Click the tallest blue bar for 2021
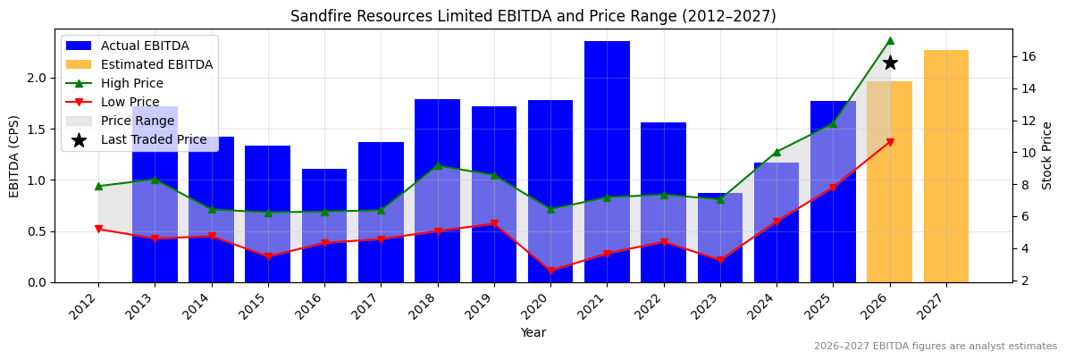[607, 161]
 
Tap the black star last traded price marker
[890, 63]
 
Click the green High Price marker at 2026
[890, 40]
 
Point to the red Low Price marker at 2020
[550, 271]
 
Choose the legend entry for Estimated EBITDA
[156, 65]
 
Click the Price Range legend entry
[137, 121]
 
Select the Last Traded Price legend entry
[153, 140]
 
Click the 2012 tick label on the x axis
[84, 308]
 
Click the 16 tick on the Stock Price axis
[1028, 56]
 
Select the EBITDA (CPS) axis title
[14, 155]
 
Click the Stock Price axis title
[1047, 155]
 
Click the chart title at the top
[533, 16]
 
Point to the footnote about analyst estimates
[935, 347]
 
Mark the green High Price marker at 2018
[438, 165]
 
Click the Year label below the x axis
[533, 333]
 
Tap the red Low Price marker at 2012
[98, 230]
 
